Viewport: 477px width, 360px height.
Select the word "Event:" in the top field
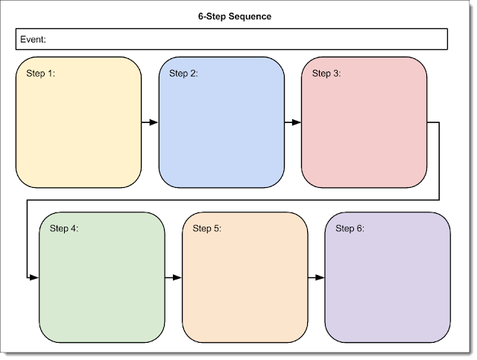pyautogui.click(x=34, y=39)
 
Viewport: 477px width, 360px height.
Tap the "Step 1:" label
pyautogui.click(x=41, y=73)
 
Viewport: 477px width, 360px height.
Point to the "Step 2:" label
pyautogui.click(x=184, y=73)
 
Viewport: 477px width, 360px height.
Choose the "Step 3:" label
pyautogui.click(x=326, y=73)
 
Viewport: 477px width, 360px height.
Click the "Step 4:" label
pyautogui.click(x=64, y=228)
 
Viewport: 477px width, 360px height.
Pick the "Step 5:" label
pyautogui.click(x=207, y=228)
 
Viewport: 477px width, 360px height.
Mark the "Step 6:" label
pyautogui.click(x=350, y=228)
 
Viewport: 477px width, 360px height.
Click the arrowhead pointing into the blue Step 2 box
pyautogui.click(x=154, y=122)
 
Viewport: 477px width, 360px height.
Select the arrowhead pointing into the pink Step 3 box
pyautogui.click(x=297, y=122)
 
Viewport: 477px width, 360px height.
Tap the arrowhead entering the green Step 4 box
pyautogui.click(x=34, y=277)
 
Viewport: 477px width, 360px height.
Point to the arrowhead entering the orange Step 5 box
pyautogui.click(x=177, y=277)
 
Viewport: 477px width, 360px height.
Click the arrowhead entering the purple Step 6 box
pyautogui.click(x=320, y=277)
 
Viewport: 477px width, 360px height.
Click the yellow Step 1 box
pyautogui.click(x=78, y=134)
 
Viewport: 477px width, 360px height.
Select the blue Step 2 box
pyautogui.click(x=221, y=134)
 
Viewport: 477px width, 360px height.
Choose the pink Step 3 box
pyautogui.click(x=364, y=134)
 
